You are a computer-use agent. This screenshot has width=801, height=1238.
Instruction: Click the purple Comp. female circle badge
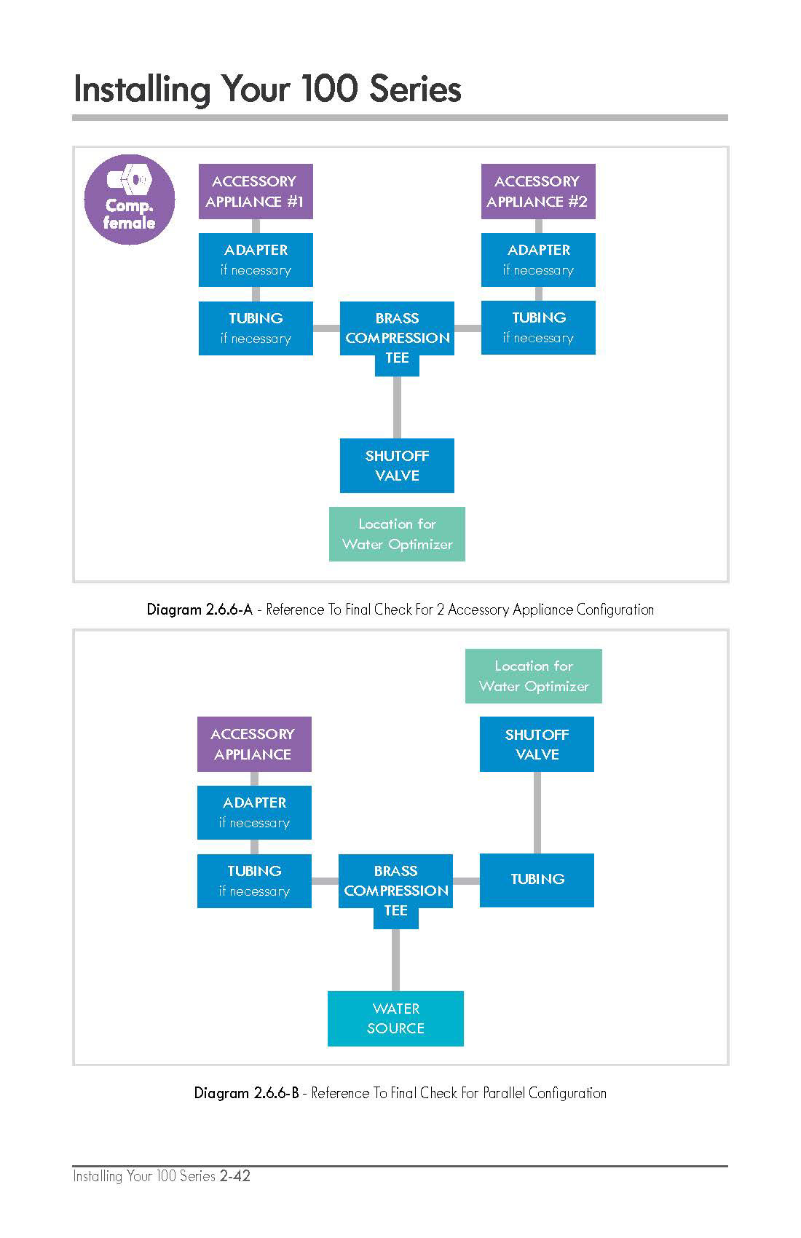click(130, 200)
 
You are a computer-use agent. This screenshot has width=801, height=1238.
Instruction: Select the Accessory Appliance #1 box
click(256, 192)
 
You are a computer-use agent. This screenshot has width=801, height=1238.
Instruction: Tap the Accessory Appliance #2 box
click(538, 192)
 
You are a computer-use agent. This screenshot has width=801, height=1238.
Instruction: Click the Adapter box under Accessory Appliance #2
click(538, 260)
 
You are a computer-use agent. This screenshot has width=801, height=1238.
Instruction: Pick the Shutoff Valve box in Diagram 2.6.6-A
click(397, 465)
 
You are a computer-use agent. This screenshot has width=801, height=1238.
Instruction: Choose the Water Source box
click(396, 1019)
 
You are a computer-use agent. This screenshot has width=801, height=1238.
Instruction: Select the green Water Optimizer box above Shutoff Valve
click(534, 676)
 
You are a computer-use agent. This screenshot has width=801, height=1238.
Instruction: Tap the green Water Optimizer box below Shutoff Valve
click(397, 534)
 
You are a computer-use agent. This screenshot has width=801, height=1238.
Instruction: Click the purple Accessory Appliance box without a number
click(254, 744)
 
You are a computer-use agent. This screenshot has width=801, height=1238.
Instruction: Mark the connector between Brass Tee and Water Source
click(396, 960)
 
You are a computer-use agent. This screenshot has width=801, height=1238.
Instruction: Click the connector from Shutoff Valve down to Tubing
click(537, 813)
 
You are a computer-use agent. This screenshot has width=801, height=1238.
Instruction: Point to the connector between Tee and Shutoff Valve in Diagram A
click(397, 407)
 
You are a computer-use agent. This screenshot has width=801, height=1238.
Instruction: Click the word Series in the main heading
click(415, 89)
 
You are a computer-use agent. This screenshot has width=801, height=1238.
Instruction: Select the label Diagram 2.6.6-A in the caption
click(200, 610)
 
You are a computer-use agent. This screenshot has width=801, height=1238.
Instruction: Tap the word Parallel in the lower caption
click(504, 1092)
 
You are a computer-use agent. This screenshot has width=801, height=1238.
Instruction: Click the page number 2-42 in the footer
click(235, 1175)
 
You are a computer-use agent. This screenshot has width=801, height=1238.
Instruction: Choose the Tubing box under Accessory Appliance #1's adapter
click(256, 328)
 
